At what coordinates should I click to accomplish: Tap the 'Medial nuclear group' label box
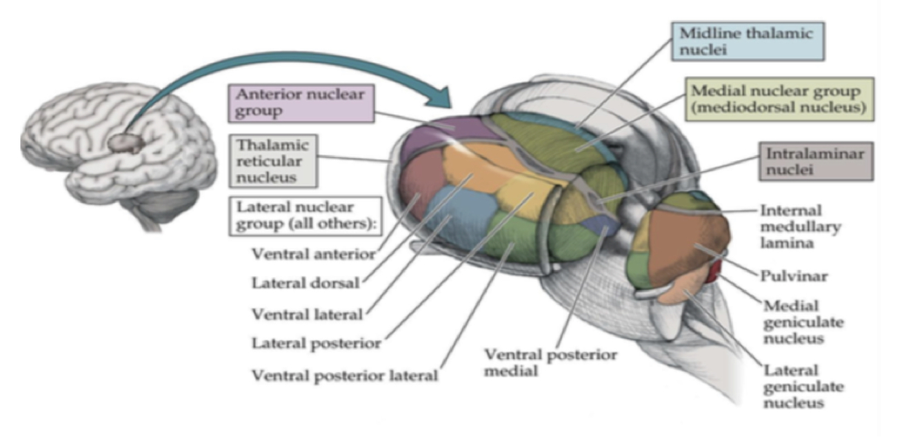pos(779,99)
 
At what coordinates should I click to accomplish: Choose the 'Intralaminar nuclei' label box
pos(815,162)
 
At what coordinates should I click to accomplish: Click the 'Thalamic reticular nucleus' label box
pos(272,161)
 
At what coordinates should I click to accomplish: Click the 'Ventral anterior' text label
pos(313,253)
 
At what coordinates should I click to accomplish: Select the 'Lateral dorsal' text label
pos(306,283)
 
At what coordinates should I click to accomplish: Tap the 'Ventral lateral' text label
pos(307,314)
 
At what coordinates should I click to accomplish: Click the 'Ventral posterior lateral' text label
pos(344,376)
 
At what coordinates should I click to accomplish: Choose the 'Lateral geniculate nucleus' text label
pos(802,387)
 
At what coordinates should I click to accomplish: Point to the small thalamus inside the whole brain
pos(128,144)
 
